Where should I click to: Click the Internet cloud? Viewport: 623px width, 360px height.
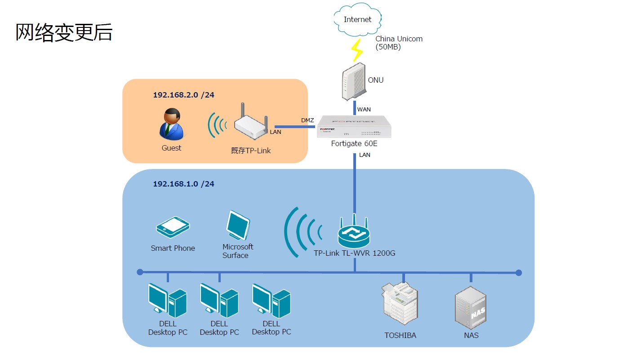point(357,19)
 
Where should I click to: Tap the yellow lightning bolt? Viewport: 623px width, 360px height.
point(357,50)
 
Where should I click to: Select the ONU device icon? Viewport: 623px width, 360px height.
point(353,81)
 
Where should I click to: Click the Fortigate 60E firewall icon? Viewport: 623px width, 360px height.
point(354,126)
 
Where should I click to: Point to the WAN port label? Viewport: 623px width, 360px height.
point(364,110)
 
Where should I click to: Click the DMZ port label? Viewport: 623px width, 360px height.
point(307,120)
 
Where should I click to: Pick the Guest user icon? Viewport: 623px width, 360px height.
point(171,124)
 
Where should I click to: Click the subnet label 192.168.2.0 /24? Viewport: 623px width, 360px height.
point(183,95)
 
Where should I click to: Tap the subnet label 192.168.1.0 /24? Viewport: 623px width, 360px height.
point(183,184)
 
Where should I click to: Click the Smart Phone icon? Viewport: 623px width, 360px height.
point(173,227)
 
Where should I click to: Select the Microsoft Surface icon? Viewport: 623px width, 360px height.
point(238,225)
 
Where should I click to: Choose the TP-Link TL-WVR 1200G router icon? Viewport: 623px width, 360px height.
point(354,231)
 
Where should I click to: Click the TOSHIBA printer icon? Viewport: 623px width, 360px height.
point(400,303)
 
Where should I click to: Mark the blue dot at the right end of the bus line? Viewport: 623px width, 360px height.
point(518,273)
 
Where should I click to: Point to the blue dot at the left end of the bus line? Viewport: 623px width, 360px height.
point(140,272)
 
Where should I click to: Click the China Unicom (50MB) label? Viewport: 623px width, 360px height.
point(399,43)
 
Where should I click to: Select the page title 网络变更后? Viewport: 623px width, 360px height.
point(64,32)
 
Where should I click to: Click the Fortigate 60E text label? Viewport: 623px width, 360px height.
point(354,143)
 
